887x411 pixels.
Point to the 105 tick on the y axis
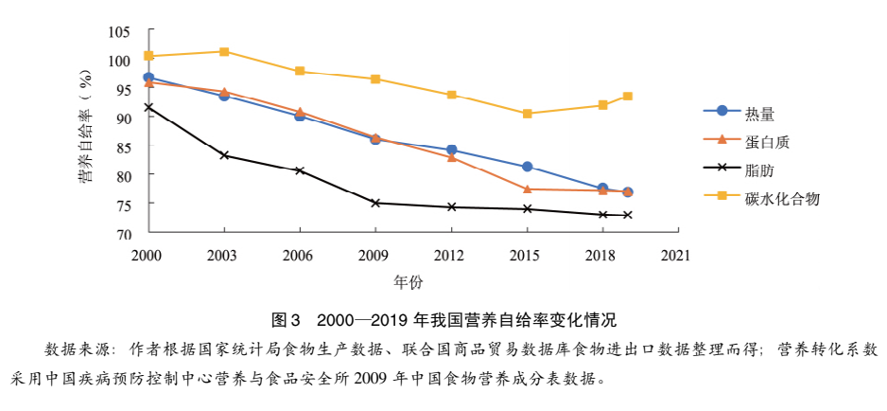point(118,31)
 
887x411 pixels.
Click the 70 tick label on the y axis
point(122,233)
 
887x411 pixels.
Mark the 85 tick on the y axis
point(122,147)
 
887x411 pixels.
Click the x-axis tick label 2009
point(375,255)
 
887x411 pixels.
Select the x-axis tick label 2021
point(675,255)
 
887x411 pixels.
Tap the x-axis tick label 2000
point(148,255)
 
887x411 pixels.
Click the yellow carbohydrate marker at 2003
point(224,51)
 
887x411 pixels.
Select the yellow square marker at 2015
point(527,114)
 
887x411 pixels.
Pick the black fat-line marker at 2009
point(375,203)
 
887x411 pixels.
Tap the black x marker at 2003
point(224,155)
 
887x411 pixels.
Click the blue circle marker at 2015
point(527,167)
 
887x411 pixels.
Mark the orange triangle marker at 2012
point(451,157)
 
